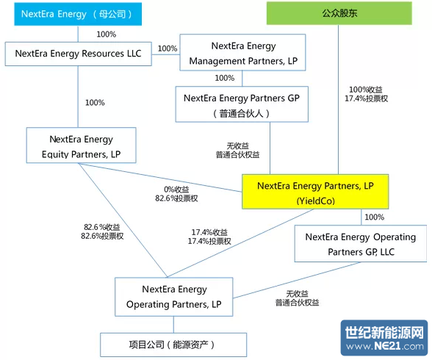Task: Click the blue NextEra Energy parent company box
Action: pyautogui.click(x=78, y=14)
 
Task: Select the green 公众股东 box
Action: pyautogui.click(x=339, y=13)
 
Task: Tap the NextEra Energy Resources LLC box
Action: pyautogui.click(x=78, y=54)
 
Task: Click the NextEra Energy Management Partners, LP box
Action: pyautogui.click(x=242, y=52)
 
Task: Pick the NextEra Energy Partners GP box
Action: pyautogui.click(x=242, y=104)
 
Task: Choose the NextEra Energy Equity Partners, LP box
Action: pyautogui.click(x=82, y=145)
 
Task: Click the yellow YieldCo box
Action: pyautogui.click(x=315, y=192)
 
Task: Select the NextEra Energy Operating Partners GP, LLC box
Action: pyautogui.click(x=361, y=243)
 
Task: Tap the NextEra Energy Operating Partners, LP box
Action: pyautogui.click(x=174, y=297)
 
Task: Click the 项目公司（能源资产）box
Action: pyautogui.click(x=173, y=345)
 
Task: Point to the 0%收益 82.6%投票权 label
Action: pyautogui.click(x=176, y=194)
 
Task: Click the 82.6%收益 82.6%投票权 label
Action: pyautogui.click(x=102, y=231)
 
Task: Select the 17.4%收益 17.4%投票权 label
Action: pyautogui.click(x=209, y=237)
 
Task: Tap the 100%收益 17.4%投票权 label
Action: pyautogui.click(x=366, y=94)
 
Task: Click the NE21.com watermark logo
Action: pyautogui.click(x=384, y=338)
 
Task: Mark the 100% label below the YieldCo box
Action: pyautogui.click(x=375, y=217)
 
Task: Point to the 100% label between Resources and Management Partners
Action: pyautogui.click(x=168, y=48)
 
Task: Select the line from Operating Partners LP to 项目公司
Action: pyautogui.click(x=173, y=325)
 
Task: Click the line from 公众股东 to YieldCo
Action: pyautogui.click(x=338, y=99)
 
